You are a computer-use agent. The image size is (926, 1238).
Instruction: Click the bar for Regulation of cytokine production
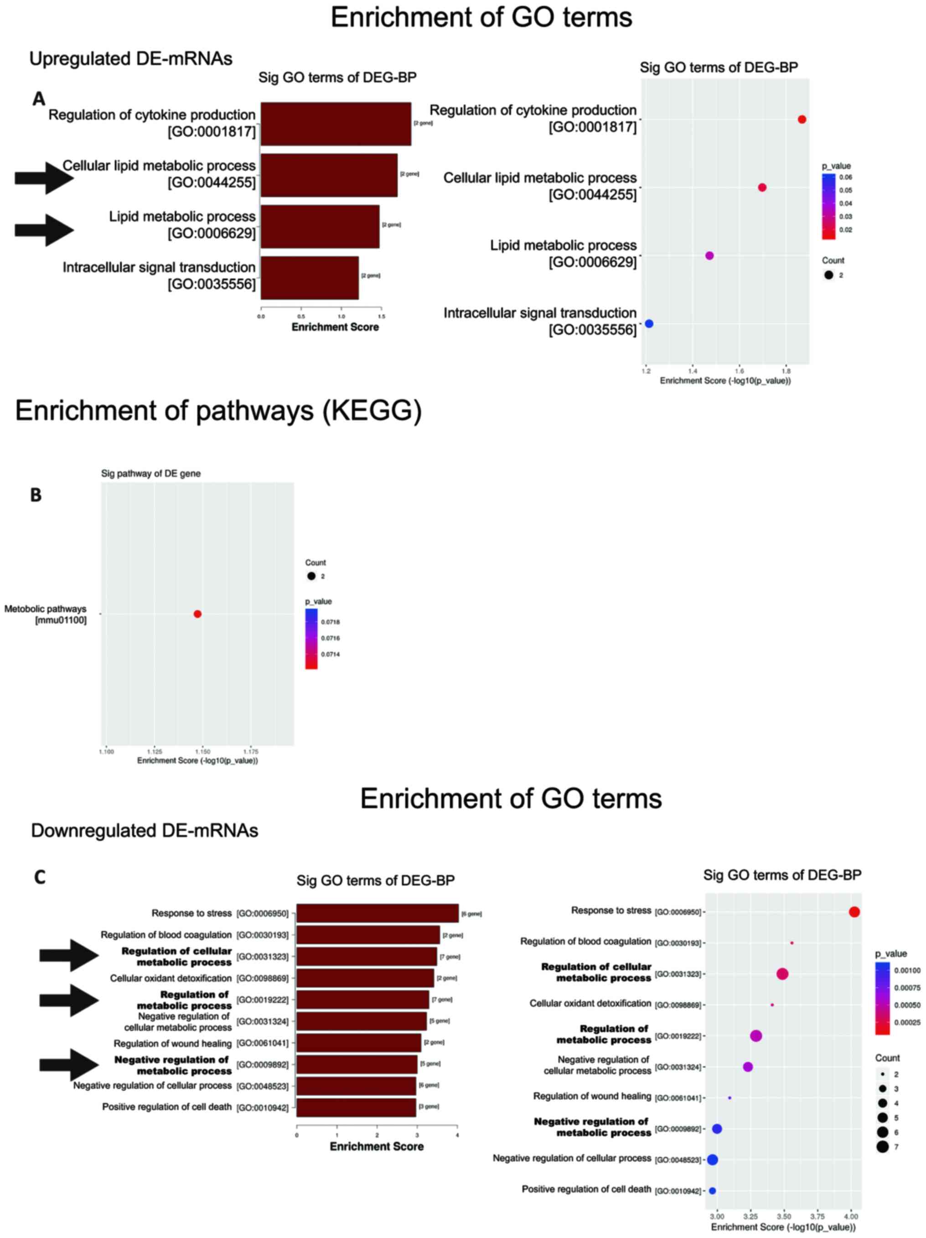pos(335,124)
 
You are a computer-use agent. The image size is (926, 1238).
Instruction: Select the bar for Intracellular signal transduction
pos(310,278)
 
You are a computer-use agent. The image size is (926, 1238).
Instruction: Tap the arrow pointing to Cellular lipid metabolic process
pos(44,178)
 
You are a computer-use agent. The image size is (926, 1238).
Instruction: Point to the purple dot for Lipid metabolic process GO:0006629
pos(709,256)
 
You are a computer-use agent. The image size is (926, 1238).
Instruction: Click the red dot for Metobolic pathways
pos(197,614)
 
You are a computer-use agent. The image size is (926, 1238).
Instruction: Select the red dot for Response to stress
pos(854,912)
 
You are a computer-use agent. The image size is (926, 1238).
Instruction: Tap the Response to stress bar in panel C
pos(377,913)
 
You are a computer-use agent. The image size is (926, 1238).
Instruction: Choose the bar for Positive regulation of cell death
pos(356,1107)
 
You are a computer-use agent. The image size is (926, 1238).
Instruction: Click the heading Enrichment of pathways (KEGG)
pos(218,411)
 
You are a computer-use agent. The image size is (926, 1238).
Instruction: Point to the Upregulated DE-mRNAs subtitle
pos(130,59)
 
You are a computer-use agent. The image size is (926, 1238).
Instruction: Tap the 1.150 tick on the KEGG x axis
pos(202,752)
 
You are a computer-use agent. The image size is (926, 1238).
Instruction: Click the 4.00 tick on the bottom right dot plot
pos(850,1216)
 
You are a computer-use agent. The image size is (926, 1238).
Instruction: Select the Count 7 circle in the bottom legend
pos(882,1147)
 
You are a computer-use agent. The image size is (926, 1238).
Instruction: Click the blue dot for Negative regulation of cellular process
pos(712,1160)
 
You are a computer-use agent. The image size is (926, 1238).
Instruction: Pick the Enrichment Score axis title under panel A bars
pos(335,327)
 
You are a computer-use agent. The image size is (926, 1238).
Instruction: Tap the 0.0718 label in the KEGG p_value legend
pos(330,622)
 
